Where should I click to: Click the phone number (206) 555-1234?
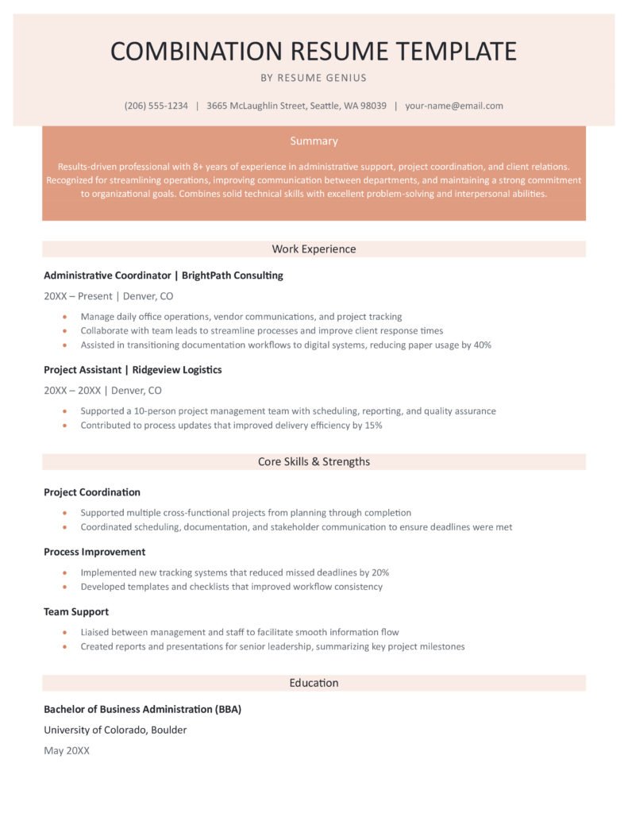click(156, 106)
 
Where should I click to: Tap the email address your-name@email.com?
click(454, 106)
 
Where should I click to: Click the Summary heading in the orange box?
click(314, 141)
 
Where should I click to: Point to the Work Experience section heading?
click(314, 249)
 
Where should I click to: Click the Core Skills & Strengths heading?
click(314, 462)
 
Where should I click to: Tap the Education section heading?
click(314, 683)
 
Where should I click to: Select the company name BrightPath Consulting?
click(232, 275)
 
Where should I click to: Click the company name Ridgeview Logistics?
click(177, 370)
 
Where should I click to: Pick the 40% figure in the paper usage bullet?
click(482, 345)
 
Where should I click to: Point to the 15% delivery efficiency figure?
click(373, 426)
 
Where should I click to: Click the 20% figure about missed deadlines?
click(379, 572)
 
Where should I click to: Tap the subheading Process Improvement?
click(94, 552)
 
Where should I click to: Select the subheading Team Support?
click(76, 612)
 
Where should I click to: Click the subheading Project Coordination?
click(92, 492)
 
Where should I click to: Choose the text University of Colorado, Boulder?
click(115, 730)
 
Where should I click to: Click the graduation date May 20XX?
click(67, 750)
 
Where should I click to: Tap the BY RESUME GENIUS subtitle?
click(314, 78)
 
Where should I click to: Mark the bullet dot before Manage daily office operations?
click(64, 317)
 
